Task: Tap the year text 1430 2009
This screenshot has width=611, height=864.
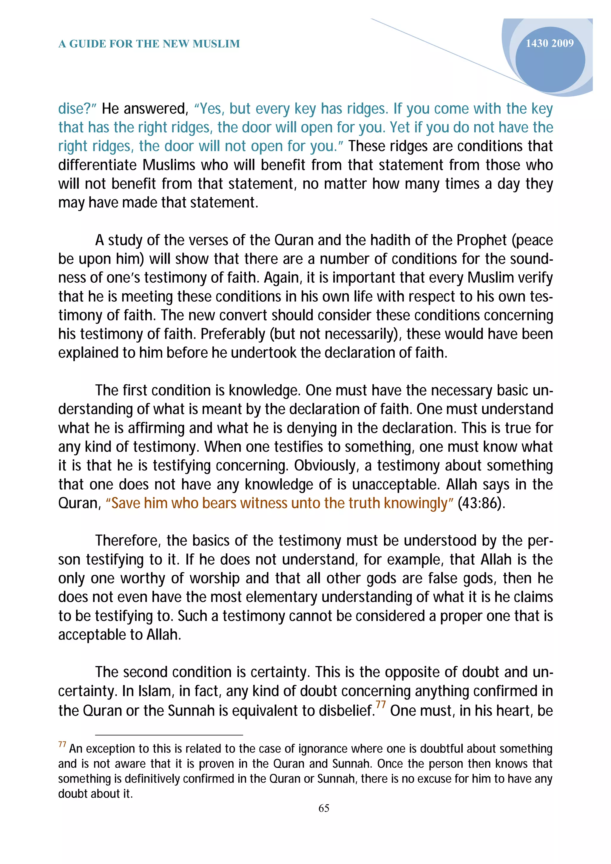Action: tap(549, 43)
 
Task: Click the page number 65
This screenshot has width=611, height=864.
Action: tap(324, 808)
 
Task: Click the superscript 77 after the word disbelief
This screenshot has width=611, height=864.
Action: tap(381, 704)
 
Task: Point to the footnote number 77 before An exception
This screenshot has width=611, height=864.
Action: tap(62, 744)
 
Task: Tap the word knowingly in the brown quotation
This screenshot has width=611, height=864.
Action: tap(416, 503)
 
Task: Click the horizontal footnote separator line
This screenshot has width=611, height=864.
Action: tap(169, 735)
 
